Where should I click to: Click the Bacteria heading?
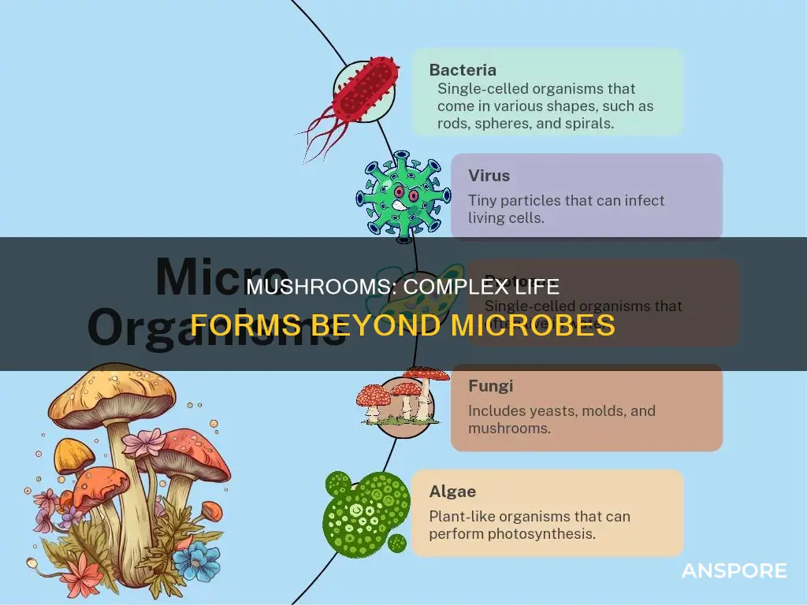[463, 70]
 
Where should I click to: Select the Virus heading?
[489, 176]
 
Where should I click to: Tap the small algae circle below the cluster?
[398, 543]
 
